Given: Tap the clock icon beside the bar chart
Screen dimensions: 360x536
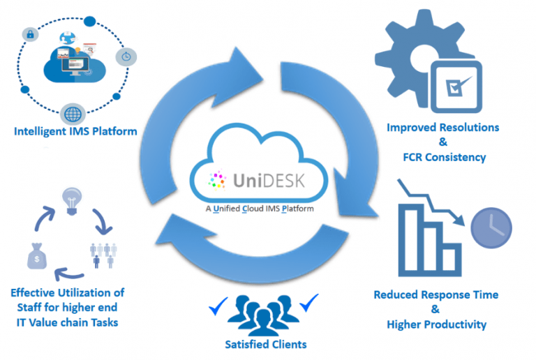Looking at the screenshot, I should pyautogui.click(x=492, y=227).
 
